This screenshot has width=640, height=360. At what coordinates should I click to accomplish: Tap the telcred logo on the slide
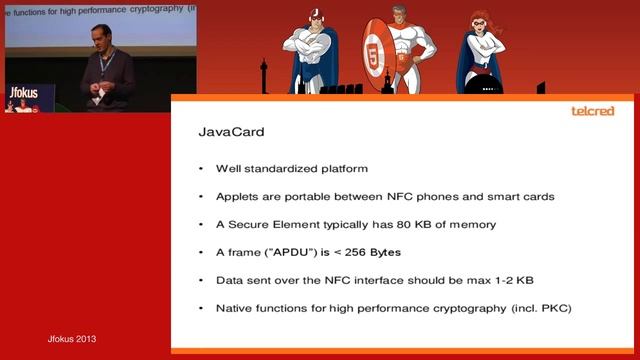pyautogui.click(x=591, y=111)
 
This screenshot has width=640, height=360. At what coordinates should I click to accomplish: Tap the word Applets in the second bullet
pyautogui.click(x=237, y=196)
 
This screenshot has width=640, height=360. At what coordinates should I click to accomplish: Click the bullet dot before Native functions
pyautogui.click(x=202, y=308)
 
